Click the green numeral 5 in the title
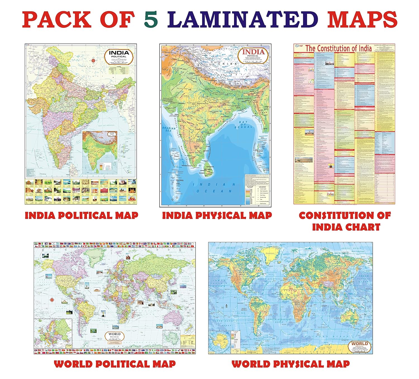coord(151,20)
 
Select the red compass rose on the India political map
coord(93,60)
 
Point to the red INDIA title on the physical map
coord(253,52)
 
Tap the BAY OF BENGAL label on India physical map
coord(243,124)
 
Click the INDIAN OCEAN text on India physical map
coord(214,188)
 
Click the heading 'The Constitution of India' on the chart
coord(338,48)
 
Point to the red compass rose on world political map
coord(52,300)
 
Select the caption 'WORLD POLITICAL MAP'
coord(115,364)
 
